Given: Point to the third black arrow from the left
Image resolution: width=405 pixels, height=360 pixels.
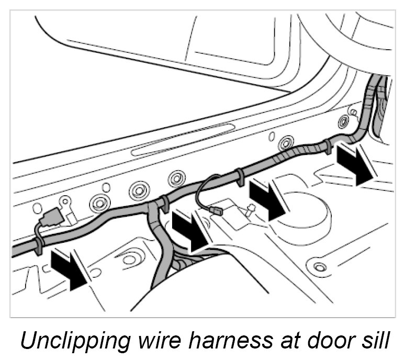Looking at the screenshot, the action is [x=267, y=198].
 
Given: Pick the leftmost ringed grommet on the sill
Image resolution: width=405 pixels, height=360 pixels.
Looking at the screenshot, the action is [x=99, y=202].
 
